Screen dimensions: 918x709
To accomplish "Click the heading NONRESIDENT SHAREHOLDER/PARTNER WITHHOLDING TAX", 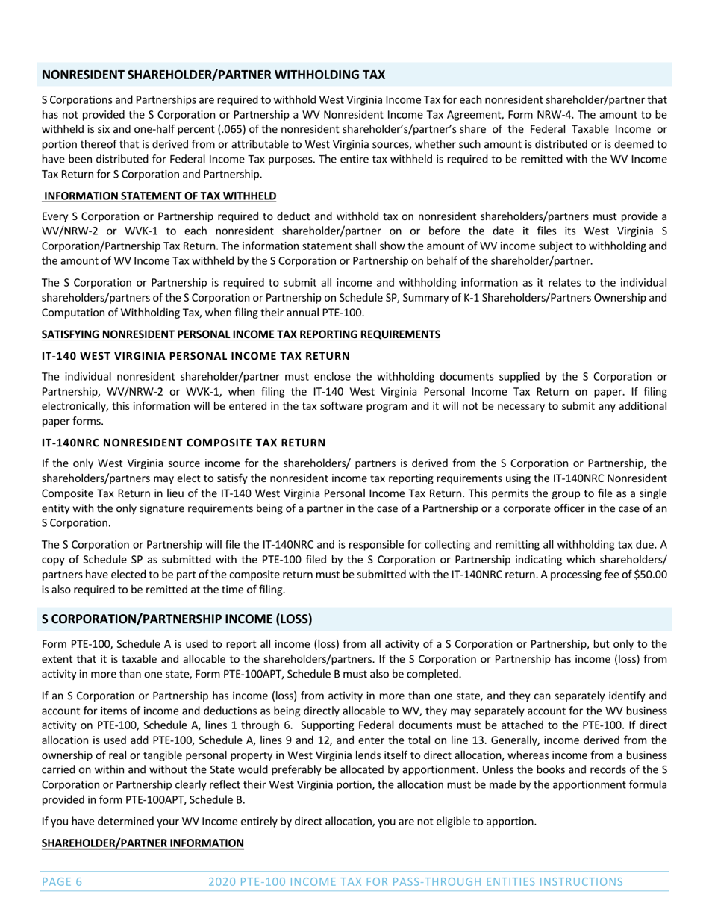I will pos(213,75).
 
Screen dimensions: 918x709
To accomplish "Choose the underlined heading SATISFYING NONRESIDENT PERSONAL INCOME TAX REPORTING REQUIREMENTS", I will pos(240,334).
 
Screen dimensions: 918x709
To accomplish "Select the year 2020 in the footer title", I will pos(223,881).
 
